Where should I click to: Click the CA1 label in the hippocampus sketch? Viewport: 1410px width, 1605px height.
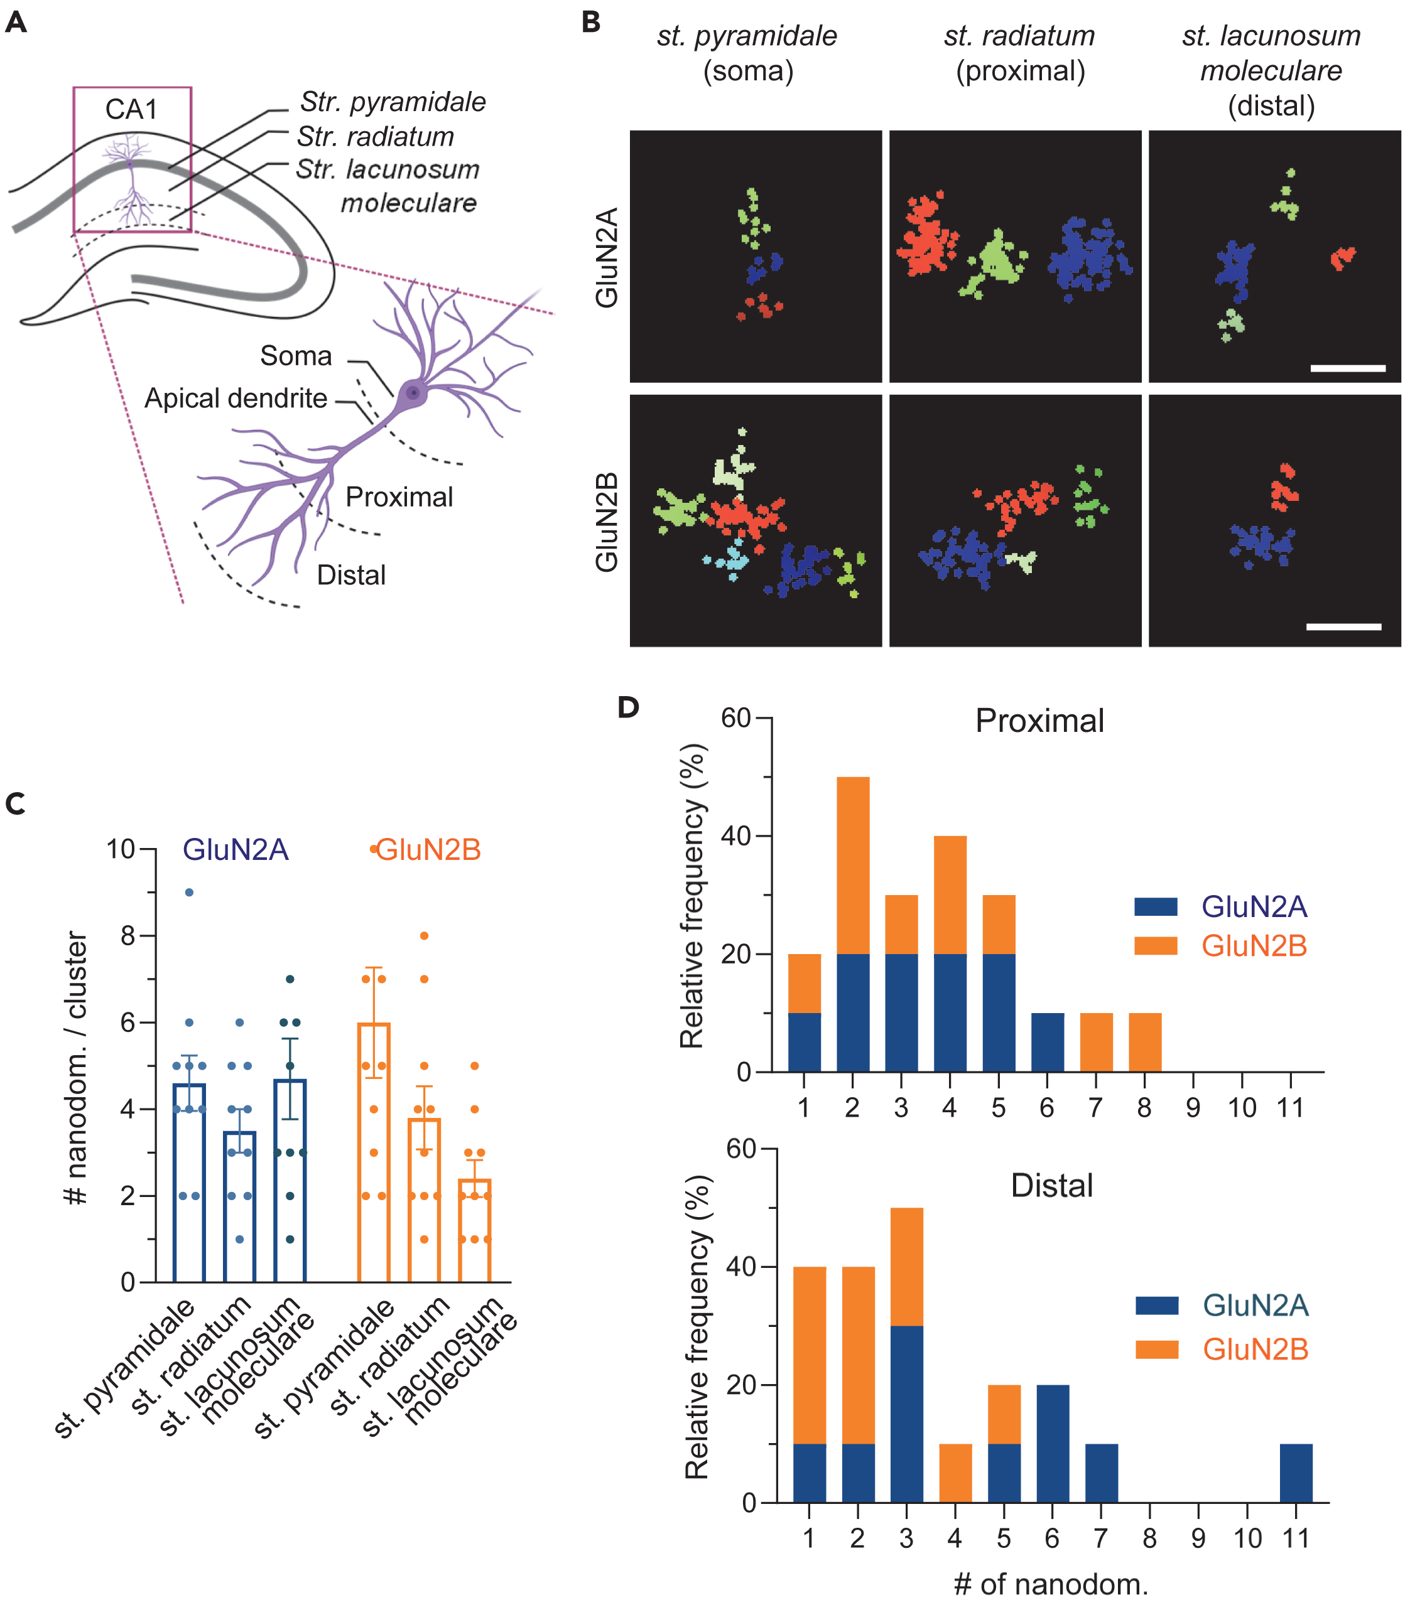click(131, 109)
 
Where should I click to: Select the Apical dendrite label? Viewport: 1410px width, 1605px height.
click(236, 398)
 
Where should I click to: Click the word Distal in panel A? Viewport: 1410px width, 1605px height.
click(351, 575)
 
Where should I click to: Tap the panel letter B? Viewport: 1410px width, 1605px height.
click(591, 22)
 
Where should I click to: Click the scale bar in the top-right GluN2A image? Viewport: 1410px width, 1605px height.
click(1347, 367)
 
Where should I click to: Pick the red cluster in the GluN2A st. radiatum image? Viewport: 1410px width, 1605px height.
click(927, 235)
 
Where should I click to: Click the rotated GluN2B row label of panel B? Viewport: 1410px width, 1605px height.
click(607, 522)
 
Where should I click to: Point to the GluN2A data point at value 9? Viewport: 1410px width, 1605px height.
click(189, 892)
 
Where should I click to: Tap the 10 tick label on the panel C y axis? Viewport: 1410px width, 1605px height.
click(121, 849)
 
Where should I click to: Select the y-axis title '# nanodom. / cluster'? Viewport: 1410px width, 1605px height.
click(76, 1068)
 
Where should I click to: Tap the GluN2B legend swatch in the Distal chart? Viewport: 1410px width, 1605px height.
click(1156, 1349)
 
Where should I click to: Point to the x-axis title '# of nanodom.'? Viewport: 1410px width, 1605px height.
click(1050, 1584)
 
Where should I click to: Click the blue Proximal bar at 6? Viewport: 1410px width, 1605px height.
click(1047, 1042)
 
